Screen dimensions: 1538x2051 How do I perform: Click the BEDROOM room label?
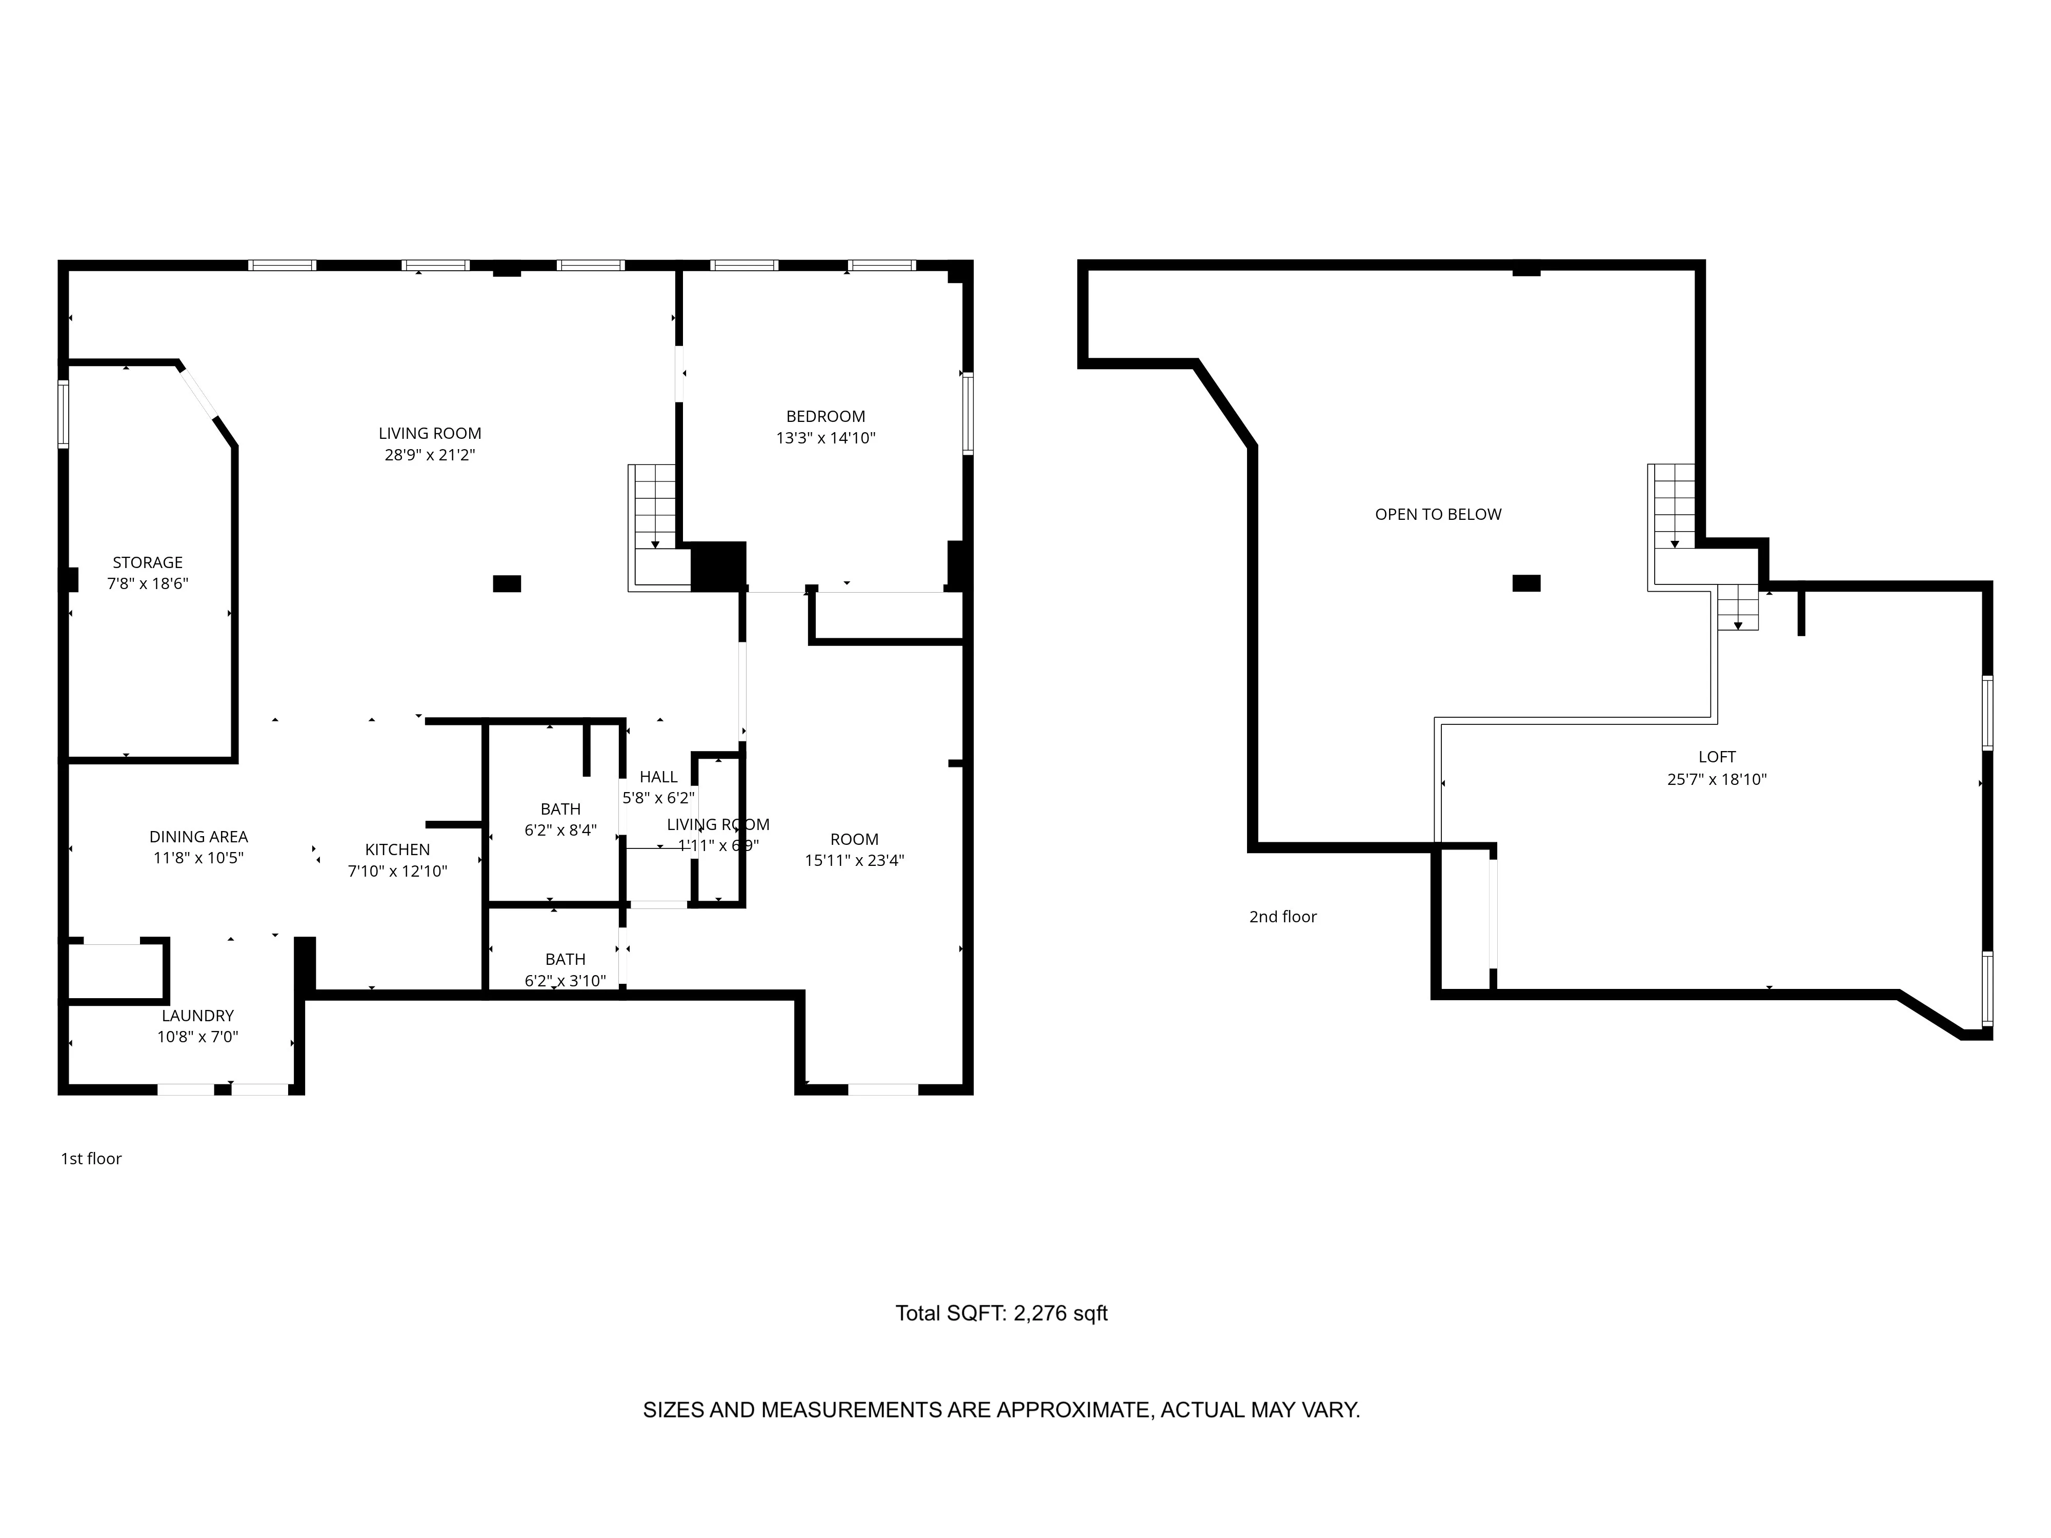825,416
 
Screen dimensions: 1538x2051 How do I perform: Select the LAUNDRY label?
197,1015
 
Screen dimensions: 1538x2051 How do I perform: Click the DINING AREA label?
198,836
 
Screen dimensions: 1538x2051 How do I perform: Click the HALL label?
658,777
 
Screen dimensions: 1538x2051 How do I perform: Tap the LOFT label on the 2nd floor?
1716,757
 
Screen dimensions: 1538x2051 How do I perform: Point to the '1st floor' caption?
91,1158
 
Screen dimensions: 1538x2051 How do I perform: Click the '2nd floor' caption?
1282,916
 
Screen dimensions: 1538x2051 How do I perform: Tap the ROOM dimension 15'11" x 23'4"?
854,860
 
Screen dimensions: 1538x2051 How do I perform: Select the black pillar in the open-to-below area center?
1526,583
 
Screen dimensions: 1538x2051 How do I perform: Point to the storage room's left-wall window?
63,414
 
